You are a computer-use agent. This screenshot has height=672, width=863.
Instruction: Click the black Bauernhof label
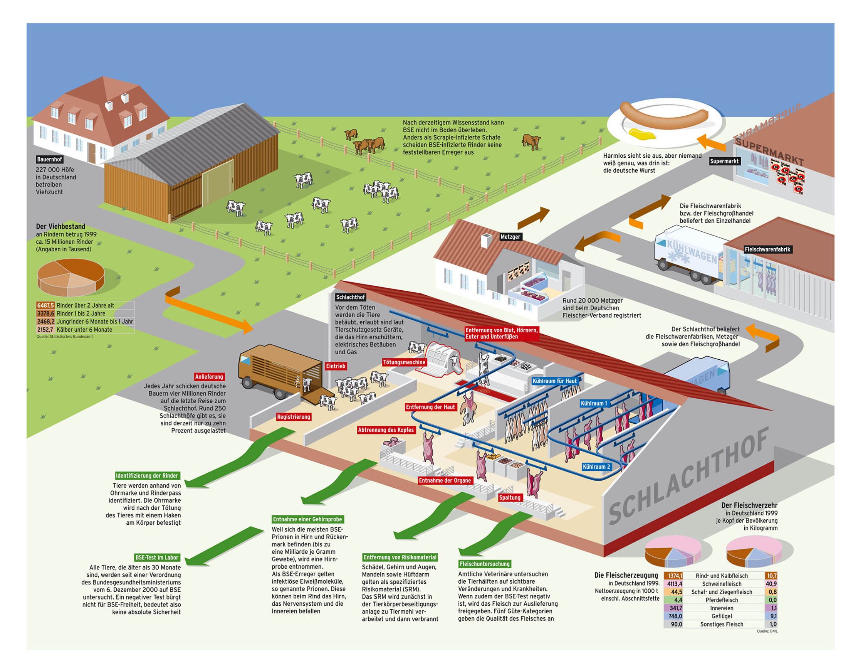pos(49,159)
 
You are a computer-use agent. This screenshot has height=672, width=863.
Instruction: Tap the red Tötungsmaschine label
pos(404,362)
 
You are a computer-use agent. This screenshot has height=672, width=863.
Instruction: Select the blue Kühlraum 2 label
pos(596,467)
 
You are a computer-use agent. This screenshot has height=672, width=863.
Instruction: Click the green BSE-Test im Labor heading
pos(157,558)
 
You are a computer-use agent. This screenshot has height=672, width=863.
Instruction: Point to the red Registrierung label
pos(294,417)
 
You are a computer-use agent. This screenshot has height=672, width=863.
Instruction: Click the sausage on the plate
pos(664,111)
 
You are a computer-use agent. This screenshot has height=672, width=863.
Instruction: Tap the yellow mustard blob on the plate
pos(641,135)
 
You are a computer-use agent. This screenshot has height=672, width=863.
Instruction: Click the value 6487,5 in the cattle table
pos(45,305)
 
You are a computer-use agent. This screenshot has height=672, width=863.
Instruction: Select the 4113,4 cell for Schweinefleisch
pos(674,584)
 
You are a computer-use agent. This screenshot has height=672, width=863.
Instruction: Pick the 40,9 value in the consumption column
pos(771,584)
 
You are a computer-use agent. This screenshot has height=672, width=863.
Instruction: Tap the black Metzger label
pos(510,237)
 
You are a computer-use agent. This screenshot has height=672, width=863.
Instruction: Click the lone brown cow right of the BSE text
pos(531,141)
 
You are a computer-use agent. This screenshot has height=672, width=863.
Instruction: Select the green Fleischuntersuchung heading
pos(484,564)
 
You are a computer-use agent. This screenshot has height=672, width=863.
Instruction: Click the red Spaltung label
pos(510,498)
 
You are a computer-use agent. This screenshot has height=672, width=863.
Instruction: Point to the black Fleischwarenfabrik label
pos(767,249)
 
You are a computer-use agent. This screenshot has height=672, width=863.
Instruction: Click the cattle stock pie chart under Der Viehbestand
pos(71,277)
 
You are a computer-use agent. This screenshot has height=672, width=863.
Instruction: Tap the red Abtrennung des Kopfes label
pos(386,430)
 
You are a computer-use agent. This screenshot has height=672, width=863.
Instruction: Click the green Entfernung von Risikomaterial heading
pos(400,557)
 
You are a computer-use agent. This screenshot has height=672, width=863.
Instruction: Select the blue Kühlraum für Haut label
pos(555,381)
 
